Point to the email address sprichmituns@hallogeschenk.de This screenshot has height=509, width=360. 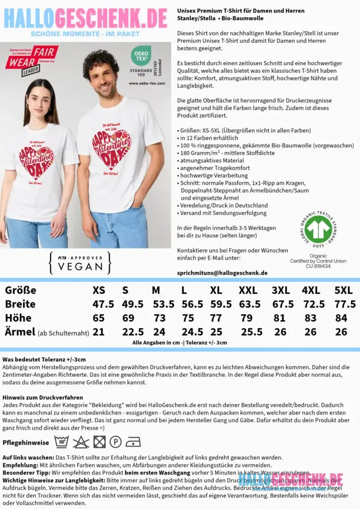[x=222, y=273]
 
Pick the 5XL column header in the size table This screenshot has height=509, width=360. [x=343, y=290]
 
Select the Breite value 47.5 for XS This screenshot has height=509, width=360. [x=103, y=304]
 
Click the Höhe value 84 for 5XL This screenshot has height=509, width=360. [x=341, y=318]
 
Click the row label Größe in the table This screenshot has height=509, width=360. [x=20, y=290]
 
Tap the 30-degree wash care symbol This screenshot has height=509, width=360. [x=61, y=441]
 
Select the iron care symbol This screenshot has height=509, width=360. [x=133, y=441]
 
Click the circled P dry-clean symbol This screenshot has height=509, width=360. [x=116, y=441]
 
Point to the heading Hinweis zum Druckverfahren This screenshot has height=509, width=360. [x=42, y=397]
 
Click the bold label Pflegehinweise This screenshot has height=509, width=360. [x=26, y=442]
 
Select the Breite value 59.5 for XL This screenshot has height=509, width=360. [x=221, y=304]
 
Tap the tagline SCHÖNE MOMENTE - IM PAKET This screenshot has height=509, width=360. [x=85, y=34]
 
